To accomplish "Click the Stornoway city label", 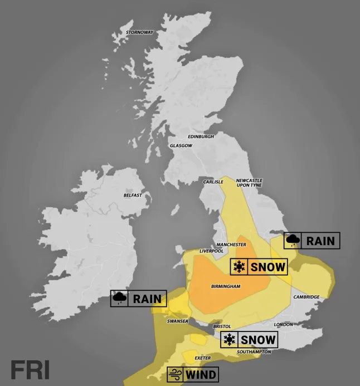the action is click(139, 32).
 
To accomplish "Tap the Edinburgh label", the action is click(201, 136).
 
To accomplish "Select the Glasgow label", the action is click(181, 146).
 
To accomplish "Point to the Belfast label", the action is click(133, 196).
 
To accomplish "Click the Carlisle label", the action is click(213, 181).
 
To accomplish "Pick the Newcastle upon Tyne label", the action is click(249, 183).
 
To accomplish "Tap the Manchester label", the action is click(231, 245).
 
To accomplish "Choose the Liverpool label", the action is click(211, 251).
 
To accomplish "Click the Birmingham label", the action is click(226, 286).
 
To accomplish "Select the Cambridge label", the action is click(307, 297).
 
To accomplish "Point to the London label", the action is click(283, 325).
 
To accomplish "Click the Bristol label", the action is click(221, 326).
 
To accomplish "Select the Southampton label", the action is click(254, 352).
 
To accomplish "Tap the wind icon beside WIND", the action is click(175, 374).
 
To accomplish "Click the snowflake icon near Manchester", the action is click(239, 267).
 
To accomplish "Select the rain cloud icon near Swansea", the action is click(119, 299).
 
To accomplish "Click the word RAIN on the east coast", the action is click(320, 241).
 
